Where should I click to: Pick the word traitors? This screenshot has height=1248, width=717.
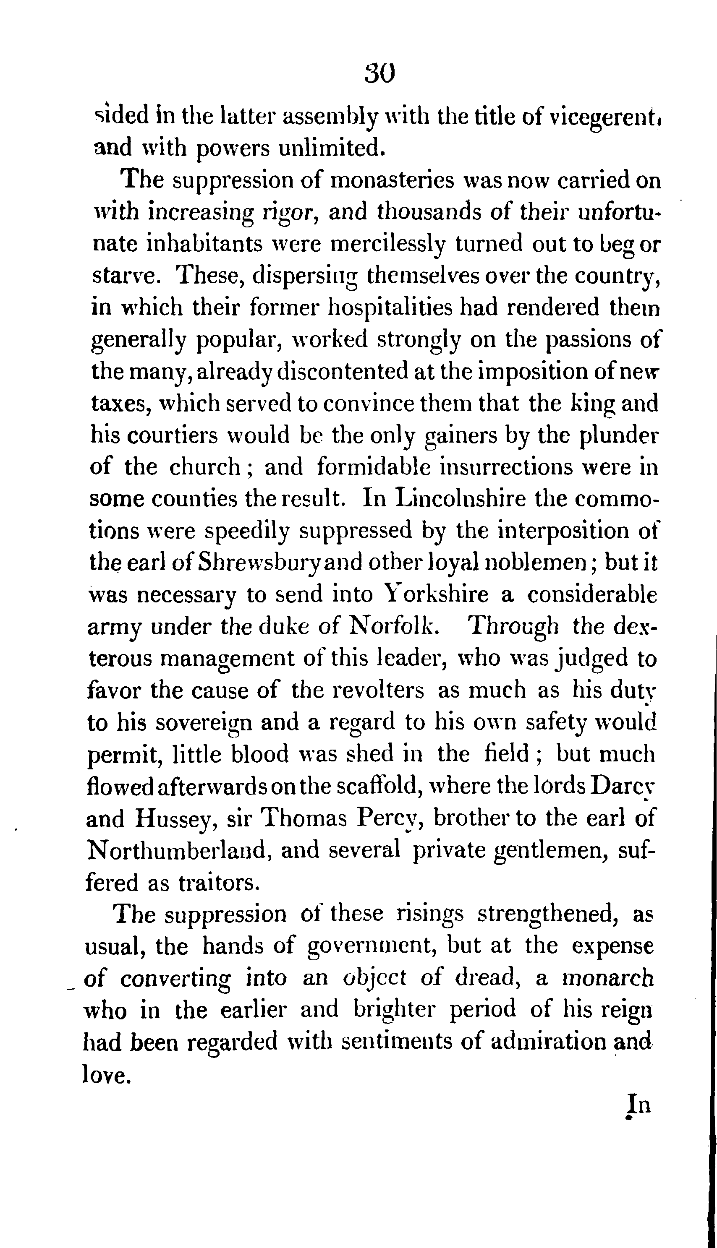point(217,882)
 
